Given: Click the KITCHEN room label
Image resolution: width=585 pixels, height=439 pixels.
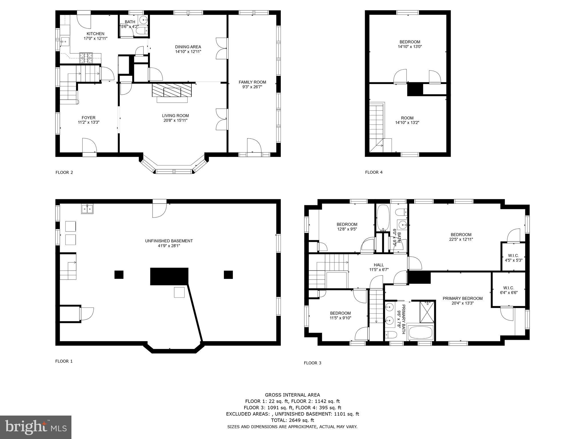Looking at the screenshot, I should click(95, 34).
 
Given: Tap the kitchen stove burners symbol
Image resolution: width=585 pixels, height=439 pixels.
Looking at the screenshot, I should click(86, 57).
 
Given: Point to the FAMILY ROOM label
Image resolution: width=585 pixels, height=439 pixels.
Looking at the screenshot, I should click(252, 82).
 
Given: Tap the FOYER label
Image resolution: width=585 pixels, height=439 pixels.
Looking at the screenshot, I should click(89, 117).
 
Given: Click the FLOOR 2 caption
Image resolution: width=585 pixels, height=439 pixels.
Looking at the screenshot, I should click(64, 172).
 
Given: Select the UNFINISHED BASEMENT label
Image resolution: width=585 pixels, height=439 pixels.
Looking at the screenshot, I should click(169, 241).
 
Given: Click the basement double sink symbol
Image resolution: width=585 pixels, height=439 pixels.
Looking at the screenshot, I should click(87, 209).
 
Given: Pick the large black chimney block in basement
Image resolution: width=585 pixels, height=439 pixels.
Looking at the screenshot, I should click(169, 276).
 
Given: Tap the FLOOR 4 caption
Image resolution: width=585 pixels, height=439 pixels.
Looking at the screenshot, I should click(374, 172).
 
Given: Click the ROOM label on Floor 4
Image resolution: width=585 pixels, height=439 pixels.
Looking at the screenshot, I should click(407, 118).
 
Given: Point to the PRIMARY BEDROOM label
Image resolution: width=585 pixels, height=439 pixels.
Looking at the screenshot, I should click(462, 298).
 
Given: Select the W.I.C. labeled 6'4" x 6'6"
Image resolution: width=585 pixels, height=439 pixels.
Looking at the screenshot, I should click(509, 290).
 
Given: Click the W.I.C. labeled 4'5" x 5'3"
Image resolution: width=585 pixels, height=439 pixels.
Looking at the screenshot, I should click(513, 258).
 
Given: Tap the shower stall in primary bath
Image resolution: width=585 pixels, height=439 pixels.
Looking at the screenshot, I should click(426, 312).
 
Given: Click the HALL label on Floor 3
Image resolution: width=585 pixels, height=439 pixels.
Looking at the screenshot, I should click(379, 265).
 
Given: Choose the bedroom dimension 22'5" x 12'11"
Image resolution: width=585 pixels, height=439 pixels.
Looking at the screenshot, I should click(461, 240).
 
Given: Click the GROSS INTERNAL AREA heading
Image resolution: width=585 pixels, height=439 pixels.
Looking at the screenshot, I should click(292, 395).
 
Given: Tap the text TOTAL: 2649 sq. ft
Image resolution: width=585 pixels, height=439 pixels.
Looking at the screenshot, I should click(292, 420).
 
